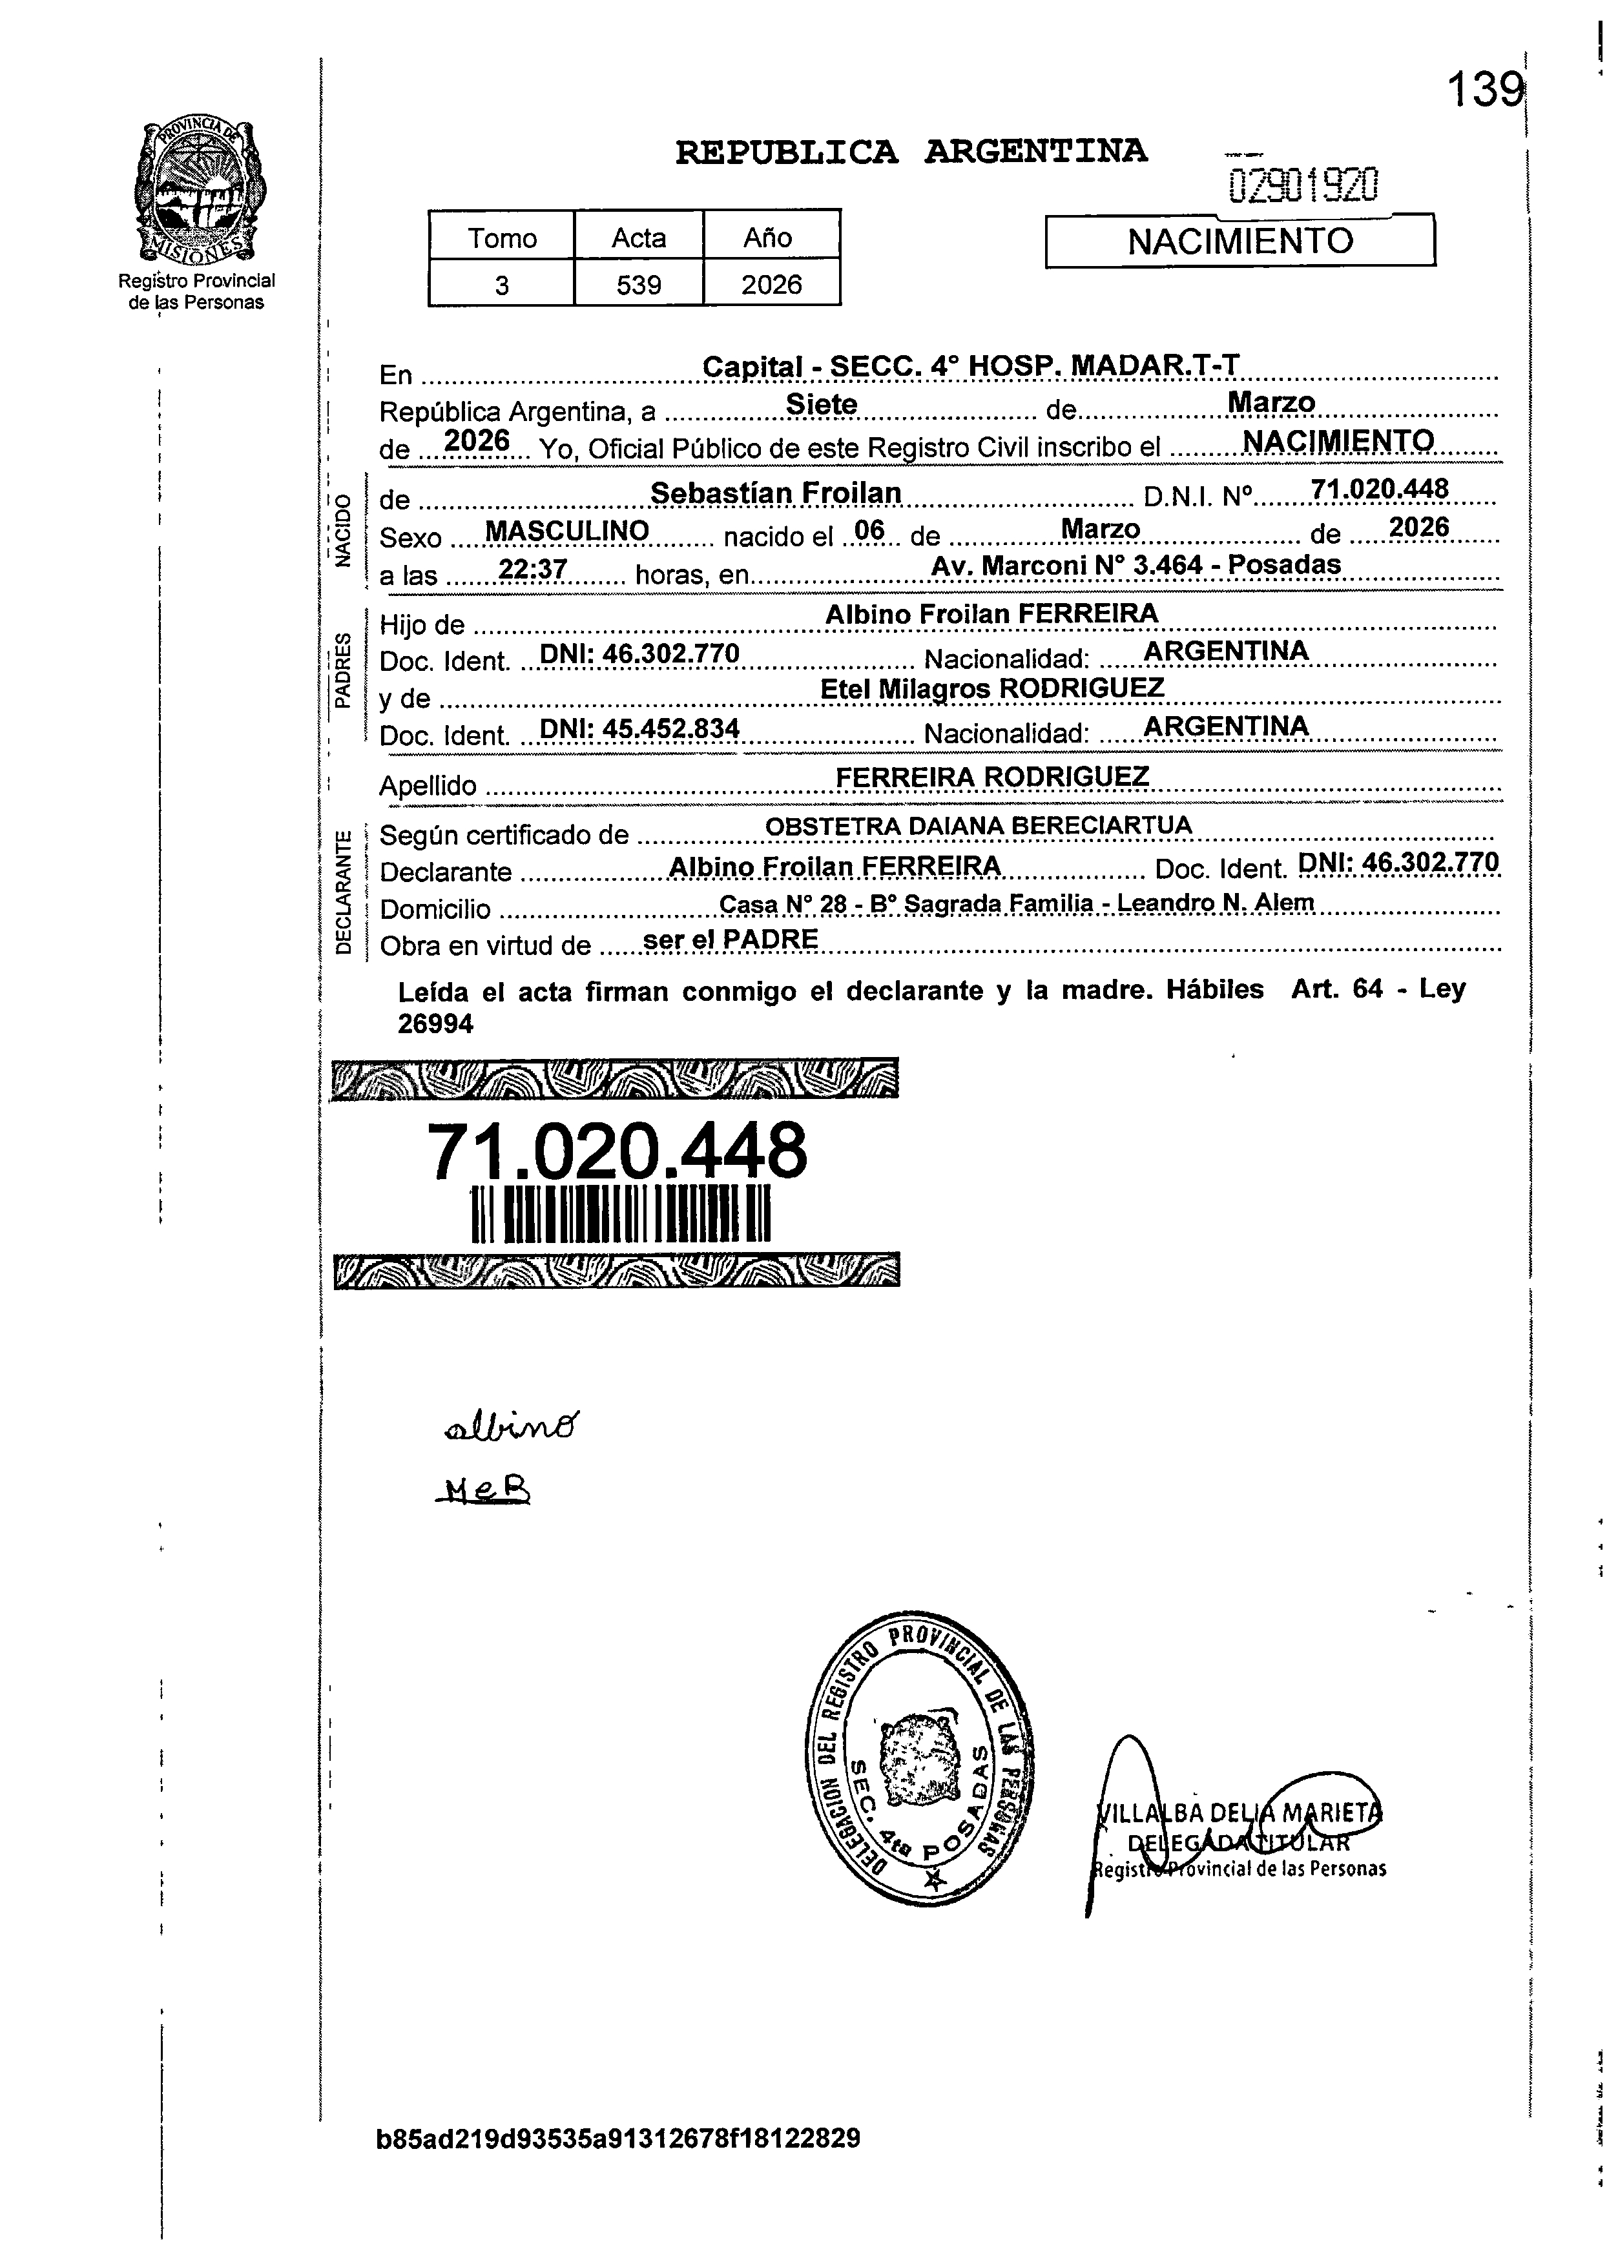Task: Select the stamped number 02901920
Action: point(1303,185)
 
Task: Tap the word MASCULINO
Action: point(567,532)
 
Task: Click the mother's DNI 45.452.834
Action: point(639,729)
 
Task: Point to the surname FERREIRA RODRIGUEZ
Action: point(991,776)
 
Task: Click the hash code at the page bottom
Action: point(617,2137)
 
